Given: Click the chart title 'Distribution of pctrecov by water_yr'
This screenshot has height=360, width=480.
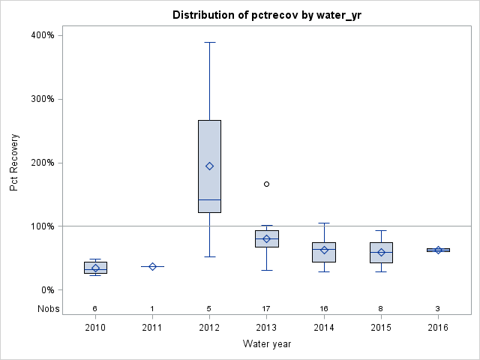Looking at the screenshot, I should click(266, 15).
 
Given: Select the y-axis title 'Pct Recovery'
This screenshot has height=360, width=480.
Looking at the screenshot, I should click(15, 163).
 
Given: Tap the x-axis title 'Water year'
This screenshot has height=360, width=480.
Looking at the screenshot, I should click(266, 344).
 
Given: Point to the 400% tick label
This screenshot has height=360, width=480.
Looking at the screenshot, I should click(42, 35).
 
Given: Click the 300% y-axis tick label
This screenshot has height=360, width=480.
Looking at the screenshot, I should click(42, 99).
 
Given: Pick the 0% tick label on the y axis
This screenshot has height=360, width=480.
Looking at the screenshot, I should click(46, 290).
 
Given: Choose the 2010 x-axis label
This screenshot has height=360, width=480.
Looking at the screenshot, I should click(95, 328).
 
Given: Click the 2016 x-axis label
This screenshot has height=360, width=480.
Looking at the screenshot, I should click(438, 328).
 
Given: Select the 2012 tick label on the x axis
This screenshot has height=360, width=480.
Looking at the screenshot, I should click(209, 328).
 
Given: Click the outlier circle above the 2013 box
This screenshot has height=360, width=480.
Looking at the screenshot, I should click(266, 184).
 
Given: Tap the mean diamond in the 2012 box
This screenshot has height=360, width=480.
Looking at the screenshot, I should click(209, 166).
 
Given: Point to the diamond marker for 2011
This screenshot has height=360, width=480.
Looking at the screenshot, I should click(152, 266).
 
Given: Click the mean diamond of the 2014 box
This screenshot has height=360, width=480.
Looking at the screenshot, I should click(324, 250).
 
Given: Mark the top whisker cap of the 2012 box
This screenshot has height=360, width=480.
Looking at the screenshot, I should click(209, 42).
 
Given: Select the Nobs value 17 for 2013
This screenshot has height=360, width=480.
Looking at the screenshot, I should click(266, 308).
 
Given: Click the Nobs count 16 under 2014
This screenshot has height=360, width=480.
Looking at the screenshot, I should click(324, 308).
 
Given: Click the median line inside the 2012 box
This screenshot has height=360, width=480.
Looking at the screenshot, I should click(209, 199).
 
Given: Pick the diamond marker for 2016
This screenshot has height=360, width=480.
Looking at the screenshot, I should click(438, 250).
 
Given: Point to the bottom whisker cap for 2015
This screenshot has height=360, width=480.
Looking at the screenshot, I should click(381, 271).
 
